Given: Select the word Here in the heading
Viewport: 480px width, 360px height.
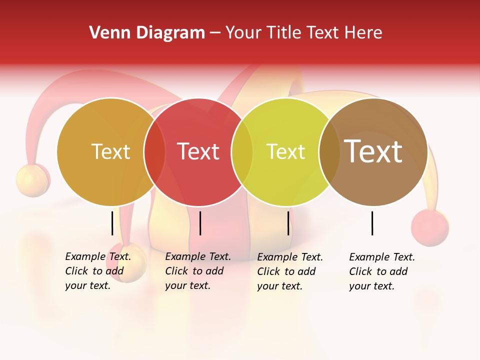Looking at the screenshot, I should (x=365, y=33).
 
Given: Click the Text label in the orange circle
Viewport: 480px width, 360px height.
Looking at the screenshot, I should (x=110, y=151).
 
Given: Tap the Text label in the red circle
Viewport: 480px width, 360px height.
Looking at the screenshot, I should (x=198, y=151).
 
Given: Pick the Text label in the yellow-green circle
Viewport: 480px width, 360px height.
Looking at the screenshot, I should (x=285, y=151).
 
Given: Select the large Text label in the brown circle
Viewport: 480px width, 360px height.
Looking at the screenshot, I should (x=373, y=151).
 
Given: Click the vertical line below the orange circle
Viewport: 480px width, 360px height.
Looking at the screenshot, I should (x=112, y=223).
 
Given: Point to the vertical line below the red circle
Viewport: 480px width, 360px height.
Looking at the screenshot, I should (x=200, y=223).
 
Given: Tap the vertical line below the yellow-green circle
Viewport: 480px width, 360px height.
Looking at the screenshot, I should (x=288, y=223).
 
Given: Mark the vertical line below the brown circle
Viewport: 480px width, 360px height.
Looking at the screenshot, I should (x=372, y=223).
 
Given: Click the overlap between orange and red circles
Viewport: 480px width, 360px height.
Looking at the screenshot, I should (x=154, y=152).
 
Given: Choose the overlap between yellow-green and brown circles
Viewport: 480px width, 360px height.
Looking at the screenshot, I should (x=329, y=152).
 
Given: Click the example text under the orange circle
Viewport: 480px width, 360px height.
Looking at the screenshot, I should (x=97, y=271).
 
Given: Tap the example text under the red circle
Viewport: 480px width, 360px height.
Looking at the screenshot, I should (x=197, y=271).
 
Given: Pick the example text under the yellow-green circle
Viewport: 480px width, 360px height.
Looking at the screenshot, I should (x=289, y=271).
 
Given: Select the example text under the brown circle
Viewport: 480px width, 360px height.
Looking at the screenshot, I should (x=381, y=271).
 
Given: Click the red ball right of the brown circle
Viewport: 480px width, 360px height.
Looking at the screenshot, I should (x=429, y=227).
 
